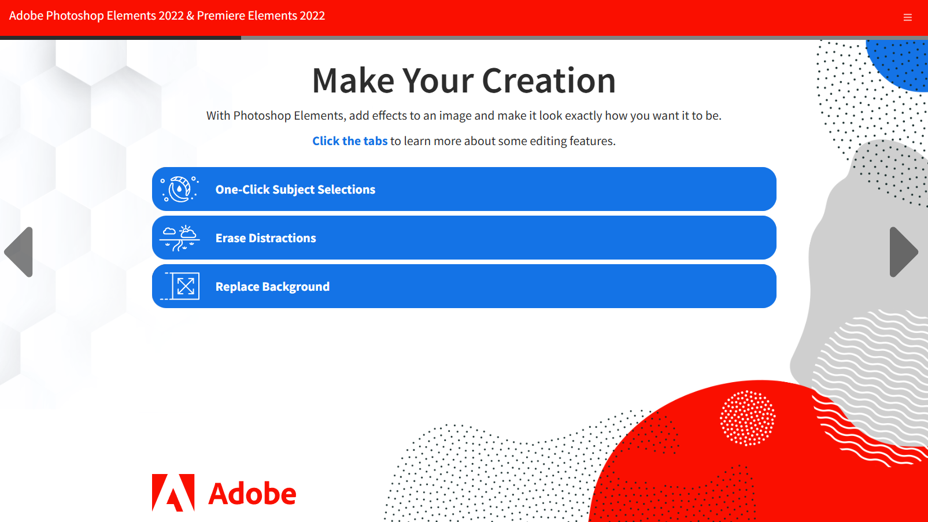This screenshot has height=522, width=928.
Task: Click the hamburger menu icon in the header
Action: click(907, 17)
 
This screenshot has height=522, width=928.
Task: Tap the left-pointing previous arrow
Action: click(20, 252)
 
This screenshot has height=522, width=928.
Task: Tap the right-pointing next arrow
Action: click(903, 252)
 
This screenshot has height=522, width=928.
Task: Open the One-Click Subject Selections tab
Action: click(464, 189)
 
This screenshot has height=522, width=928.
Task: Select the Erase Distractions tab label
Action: click(265, 238)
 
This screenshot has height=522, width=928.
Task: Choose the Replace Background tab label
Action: click(272, 286)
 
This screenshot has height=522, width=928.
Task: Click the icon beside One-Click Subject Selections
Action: click(179, 189)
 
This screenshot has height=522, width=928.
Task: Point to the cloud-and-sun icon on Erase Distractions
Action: click(179, 238)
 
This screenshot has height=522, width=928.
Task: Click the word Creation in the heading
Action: click(549, 80)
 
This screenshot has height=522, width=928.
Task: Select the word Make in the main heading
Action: click(353, 80)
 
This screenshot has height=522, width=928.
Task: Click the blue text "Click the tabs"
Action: click(350, 141)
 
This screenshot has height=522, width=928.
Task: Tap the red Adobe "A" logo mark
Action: click(173, 493)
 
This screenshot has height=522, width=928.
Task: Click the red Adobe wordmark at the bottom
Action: click(252, 494)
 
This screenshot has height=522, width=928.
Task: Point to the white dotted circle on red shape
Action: click(748, 418)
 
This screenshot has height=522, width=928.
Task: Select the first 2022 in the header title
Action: click(170, 16)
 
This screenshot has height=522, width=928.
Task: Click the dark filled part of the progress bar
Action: click(121, 38)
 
